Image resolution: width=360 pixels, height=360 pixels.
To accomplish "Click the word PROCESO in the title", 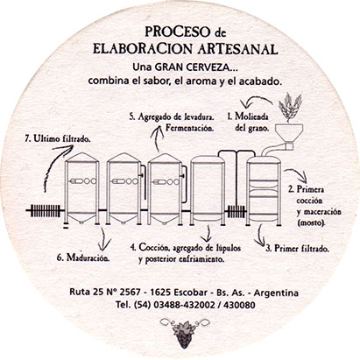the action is point(177,32).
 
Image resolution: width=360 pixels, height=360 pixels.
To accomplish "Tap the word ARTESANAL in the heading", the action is point(237,49).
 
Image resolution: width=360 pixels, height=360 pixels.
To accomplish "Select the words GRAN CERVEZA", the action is point(196,67).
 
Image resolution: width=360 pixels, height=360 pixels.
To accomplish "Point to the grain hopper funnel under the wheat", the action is point(289,131).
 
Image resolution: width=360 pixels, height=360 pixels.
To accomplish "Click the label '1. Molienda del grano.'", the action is point(248,122).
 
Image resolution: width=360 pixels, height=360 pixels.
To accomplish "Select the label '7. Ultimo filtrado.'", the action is point(57,138).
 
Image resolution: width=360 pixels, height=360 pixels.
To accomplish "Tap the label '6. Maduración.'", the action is point(83,258).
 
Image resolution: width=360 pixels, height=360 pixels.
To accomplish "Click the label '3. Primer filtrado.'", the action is point(297,249).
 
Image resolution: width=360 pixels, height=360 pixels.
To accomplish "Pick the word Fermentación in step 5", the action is point(189,128).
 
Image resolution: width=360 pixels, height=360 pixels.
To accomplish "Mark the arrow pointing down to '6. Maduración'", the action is point(103,239).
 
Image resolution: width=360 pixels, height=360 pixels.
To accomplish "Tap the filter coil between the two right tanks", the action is point(236,211).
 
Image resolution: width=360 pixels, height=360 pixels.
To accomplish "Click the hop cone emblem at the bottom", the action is point(184,332).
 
